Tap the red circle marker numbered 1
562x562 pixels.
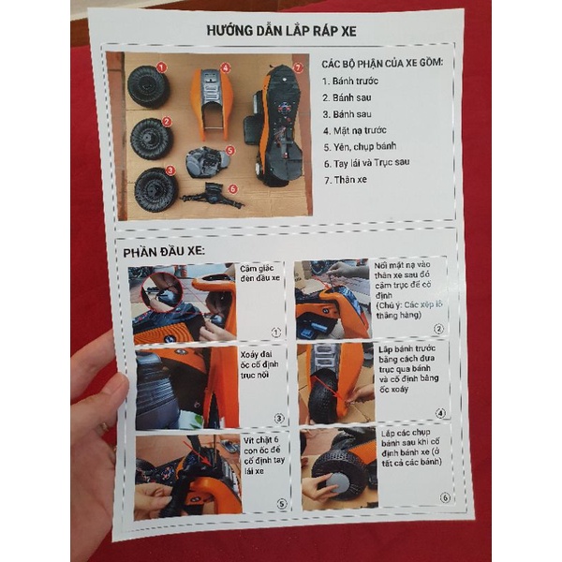coord(162,67)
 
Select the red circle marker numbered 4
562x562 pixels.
coord(225,67)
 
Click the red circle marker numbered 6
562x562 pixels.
coord(231,188)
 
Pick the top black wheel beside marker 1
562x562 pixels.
coord(146,87)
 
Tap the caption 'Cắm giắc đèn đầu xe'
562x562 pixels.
coord(260,278)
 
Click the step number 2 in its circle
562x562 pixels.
coord(437,330)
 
